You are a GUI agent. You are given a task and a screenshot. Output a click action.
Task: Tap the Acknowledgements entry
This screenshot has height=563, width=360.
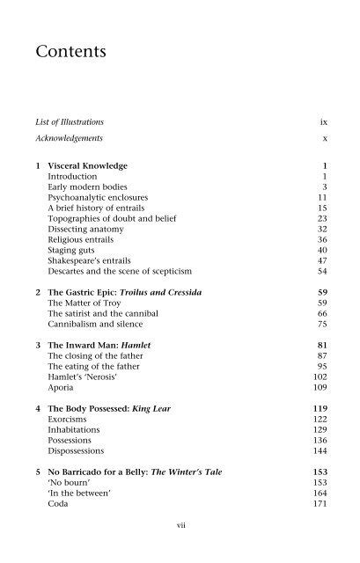click(x=74, y=139)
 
